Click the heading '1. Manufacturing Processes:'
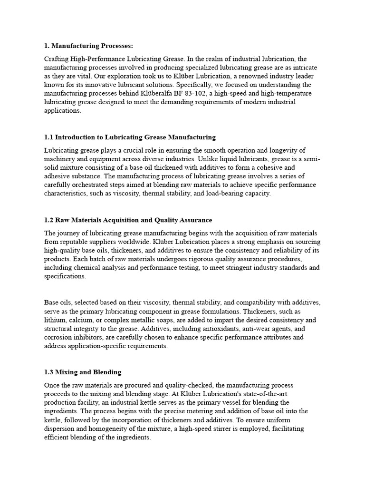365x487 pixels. coord(88,46)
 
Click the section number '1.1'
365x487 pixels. coord(49,137)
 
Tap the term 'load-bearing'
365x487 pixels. coord(220,194)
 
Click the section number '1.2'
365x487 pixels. coord(49,220)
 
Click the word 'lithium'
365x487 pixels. coord(55,320)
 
